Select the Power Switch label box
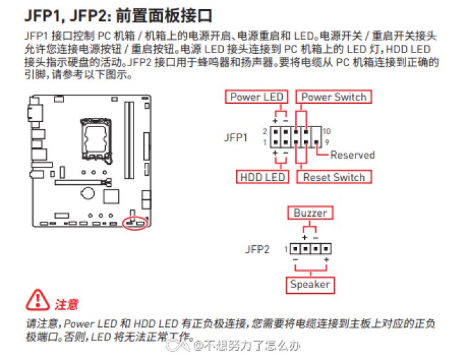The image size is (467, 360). point(333,97)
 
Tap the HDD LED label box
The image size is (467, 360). point(262,177)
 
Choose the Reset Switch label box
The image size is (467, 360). point(334,177)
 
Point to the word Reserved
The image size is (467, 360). point(352,155)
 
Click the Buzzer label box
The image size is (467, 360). point(310,213)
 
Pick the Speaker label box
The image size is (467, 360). point(309,284)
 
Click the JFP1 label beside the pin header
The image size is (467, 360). point(235,138)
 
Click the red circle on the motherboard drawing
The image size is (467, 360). point(135,222)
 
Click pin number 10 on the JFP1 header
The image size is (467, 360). point(326,131)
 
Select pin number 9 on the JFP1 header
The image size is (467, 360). point(326,141)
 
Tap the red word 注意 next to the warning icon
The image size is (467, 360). point(66,304)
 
